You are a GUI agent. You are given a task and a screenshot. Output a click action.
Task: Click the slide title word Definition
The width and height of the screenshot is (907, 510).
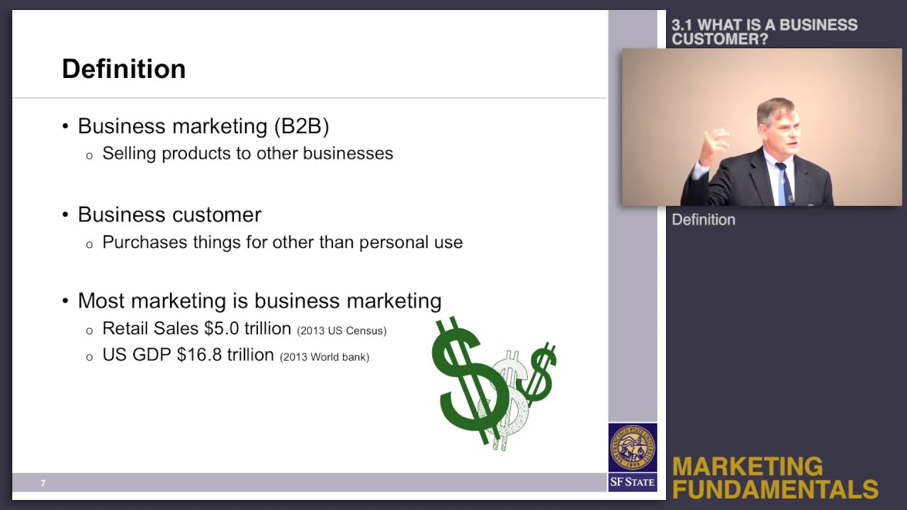point(123,69)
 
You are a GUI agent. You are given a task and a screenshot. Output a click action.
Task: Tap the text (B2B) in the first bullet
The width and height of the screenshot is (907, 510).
point(301,126)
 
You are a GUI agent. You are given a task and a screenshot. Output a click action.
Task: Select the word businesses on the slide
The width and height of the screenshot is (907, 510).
point(348,154)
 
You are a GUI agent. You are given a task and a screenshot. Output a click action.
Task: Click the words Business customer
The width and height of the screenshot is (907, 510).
point(169,215)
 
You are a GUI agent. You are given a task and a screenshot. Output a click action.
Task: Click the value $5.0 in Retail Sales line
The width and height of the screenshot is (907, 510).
point(221,329)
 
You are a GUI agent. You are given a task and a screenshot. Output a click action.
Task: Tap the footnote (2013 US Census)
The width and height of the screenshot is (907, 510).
point(342,331)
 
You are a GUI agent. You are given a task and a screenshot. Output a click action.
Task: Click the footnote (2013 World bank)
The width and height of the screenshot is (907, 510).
point(325,357)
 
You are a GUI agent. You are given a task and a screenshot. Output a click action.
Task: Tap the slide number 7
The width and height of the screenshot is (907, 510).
point(43,483)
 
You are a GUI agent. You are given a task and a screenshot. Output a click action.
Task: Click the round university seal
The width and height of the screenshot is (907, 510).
point(632,448)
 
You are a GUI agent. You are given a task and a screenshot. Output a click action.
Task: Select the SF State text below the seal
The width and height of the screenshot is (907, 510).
point(632,482)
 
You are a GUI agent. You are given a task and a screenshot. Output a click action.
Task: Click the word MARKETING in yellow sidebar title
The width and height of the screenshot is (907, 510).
point(747,467)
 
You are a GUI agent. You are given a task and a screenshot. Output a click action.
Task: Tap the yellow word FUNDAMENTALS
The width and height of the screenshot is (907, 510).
point(775,489)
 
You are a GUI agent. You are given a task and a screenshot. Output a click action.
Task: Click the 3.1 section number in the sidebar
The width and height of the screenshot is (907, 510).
point(681,25)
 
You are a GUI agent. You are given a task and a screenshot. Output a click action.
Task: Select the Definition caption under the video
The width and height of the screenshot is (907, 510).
point(703,220)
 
